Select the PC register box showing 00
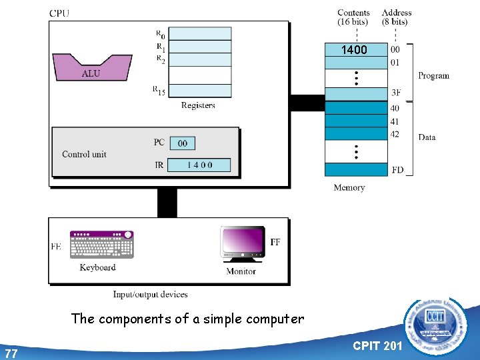point(182,143)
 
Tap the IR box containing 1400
point(199,165)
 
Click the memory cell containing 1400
point(355,49)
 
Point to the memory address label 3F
point(396,93)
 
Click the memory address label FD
point(397,170)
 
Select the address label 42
point(396,134)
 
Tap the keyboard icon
point(102,244)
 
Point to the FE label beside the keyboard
point(57,246)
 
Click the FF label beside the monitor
point(275,241)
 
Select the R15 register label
point(159,91)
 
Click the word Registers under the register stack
point(198,105)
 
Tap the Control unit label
point(84,154)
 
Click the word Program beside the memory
point(433,76)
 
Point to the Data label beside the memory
point(427,137)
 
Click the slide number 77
point(11,353)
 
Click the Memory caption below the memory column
point(349,188)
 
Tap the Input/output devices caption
point(150,294)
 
